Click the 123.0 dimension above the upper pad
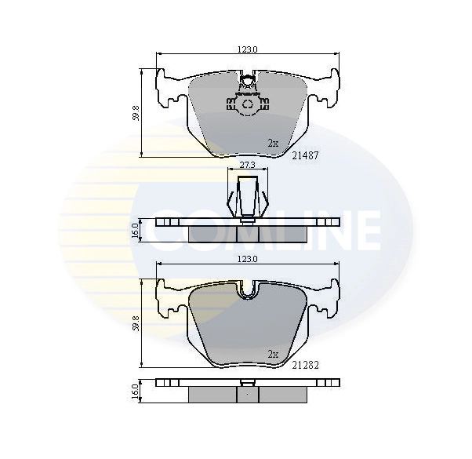(x=248, y=49)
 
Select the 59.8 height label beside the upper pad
(x=136, y=113)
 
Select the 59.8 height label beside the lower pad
(x=136, y=322)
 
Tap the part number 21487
(x=304, y=155)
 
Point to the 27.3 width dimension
(x=247, y=165)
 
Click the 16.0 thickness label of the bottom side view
(x=136, y=390)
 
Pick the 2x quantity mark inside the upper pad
(x=273, y=144)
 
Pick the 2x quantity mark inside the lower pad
(x=273, y=354)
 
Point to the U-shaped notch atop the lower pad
(x=248, y=291)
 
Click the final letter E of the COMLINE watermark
(x=364, y=228)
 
